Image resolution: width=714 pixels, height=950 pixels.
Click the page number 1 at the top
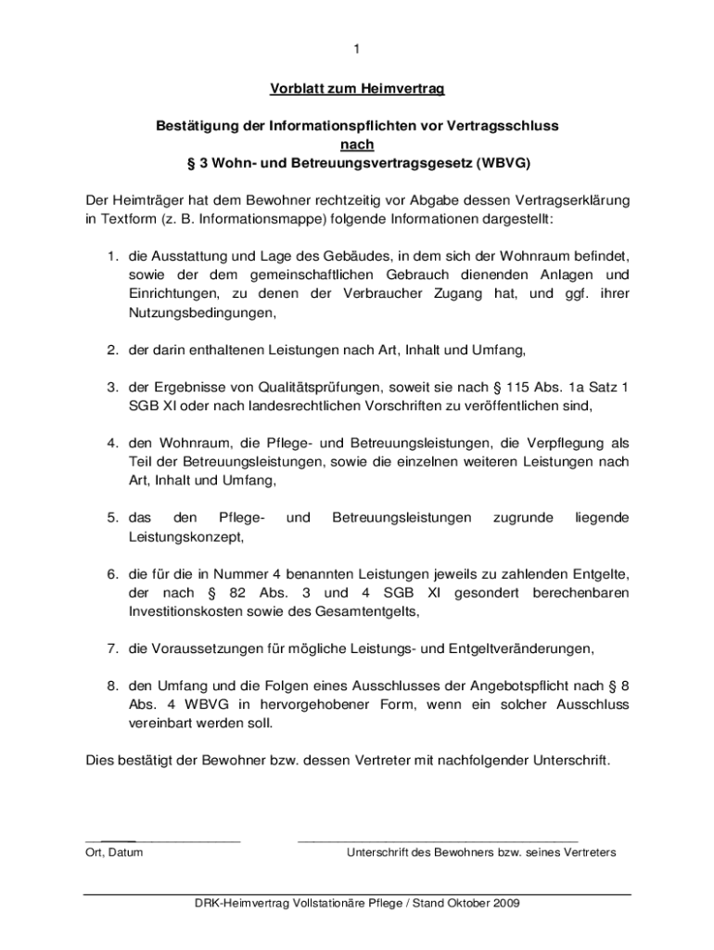point(357,48)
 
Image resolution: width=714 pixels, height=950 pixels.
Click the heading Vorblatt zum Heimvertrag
point(357,89)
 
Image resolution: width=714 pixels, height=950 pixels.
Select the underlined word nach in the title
point(357,144)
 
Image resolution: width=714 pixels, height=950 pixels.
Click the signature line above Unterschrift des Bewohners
point(437,840)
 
